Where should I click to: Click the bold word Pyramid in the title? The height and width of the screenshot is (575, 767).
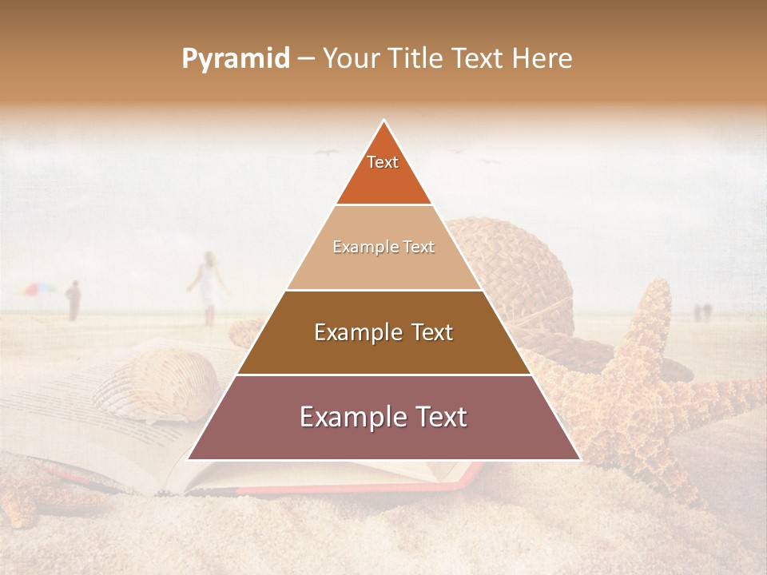pyautogui.click(x=236, y=59)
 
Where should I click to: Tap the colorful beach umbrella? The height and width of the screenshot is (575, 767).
pyautogui.click(x=38, y=289)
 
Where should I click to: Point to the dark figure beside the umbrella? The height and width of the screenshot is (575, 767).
pyautogui.click(x=74, y=300)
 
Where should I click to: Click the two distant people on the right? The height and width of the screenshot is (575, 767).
pyautogui.click(x=701, y=311)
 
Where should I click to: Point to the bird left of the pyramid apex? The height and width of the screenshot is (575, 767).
pyautogui.click(x=326, y=152)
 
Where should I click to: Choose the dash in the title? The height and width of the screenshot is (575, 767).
pyautogui.click(x=306, y=60)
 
